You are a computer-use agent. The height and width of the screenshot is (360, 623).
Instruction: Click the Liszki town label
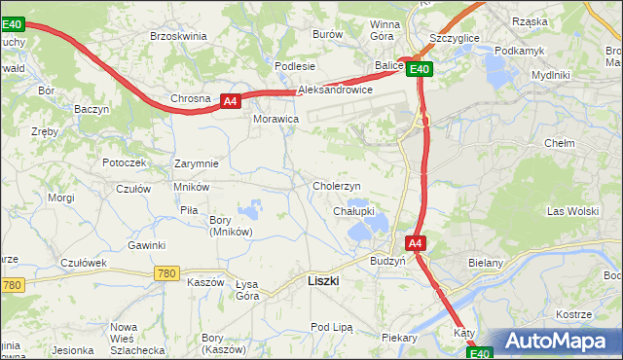(322, 280)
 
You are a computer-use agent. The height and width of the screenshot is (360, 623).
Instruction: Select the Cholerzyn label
(337, 186)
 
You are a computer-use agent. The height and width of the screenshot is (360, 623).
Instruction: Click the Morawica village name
(275, 119)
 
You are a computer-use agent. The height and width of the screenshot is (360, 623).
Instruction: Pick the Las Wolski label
(572, 211)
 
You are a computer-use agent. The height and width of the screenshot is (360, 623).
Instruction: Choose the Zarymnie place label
(196, 163)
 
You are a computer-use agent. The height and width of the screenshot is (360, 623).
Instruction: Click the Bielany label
(512, 263)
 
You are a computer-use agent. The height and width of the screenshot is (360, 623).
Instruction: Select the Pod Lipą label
(330, 327)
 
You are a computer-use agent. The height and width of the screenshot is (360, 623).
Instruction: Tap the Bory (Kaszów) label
(211, 343)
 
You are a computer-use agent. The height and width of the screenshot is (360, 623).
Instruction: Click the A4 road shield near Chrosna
(230, 100)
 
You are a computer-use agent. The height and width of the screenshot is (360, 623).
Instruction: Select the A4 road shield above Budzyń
(415, 243)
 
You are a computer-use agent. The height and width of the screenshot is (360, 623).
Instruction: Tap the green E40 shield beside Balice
(419, 69)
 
